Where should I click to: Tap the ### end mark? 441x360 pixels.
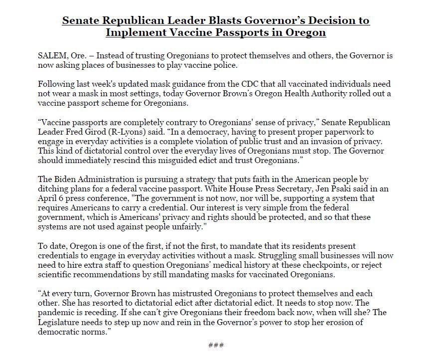pos(215,345)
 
